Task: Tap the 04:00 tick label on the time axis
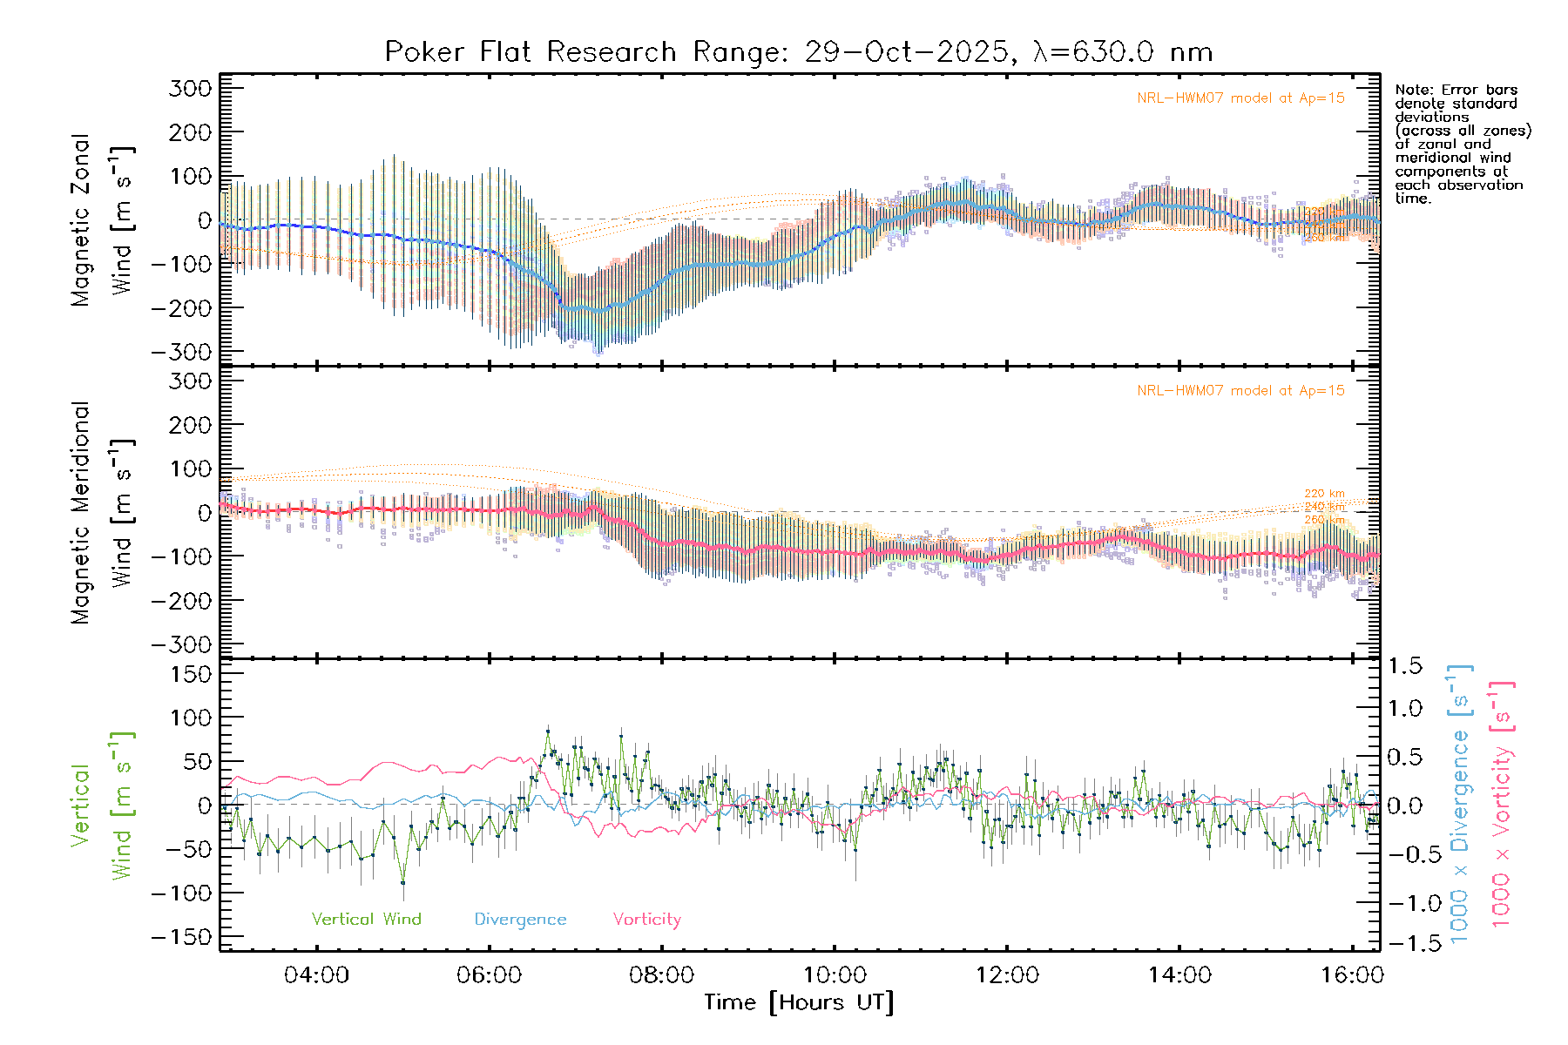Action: (x=316, y=975)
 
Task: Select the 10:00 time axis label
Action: (x=835, y=975)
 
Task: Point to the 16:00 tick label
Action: (x=1351, y=975)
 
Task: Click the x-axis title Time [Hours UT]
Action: (x=799, y=1002)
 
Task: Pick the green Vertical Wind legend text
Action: (x=366, y=920)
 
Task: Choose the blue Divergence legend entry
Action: (x=520, y=920)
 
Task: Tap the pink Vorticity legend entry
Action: (x=646, y=920)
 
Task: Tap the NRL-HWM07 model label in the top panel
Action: (x=1240, y=98)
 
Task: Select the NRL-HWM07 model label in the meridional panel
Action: (x=1240, y=391)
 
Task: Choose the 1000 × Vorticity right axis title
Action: (x=1502, y=804)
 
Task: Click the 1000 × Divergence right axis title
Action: (x=1460, y=804)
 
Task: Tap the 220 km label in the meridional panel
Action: (x=1324, y=494)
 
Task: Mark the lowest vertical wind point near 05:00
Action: (x=402, y=882)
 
